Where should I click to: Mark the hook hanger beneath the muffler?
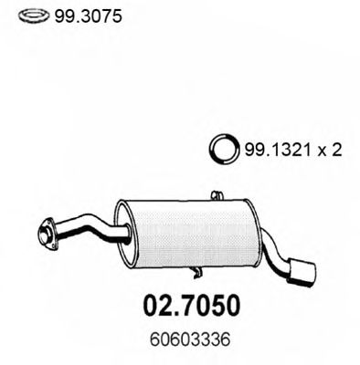click(197, 270)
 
